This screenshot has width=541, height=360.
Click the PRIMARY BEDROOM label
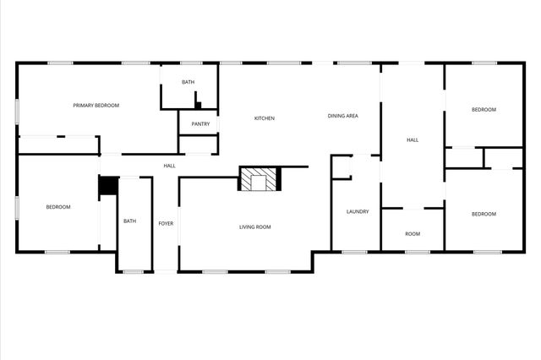[95, 105]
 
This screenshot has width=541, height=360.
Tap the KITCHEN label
[265, 118]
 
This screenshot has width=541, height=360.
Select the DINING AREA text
[342, 116]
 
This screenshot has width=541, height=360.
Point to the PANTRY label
[200, 124]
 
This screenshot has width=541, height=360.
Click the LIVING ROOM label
[255, 226]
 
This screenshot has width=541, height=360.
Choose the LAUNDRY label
[358, 211]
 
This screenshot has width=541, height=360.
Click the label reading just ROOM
[412, 234]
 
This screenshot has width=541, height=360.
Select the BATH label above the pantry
[188, 82]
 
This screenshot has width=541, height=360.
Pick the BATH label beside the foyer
[129, 221]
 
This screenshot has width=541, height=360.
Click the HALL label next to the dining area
[412, 140]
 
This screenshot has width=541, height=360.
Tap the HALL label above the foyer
[169, 166]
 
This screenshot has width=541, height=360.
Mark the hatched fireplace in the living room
[259, 179]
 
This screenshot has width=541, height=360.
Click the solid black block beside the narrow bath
[107, 186]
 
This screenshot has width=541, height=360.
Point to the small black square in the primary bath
[198, 106]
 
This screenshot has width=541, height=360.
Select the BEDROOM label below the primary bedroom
[57, 207]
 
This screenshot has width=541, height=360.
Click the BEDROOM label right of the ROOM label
[484, 214]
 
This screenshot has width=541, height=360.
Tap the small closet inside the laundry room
[341, 167]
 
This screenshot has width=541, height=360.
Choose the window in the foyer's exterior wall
[166, 271]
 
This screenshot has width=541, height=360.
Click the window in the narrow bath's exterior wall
[133, 271]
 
